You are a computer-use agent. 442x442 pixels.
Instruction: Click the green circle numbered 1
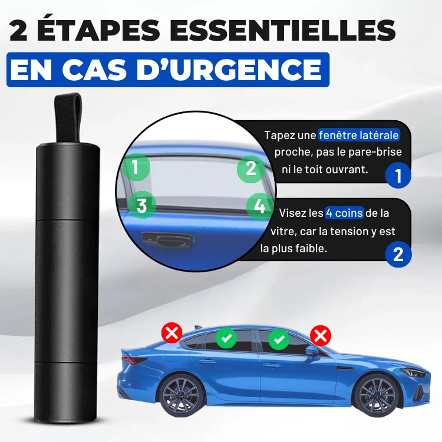(136, 167)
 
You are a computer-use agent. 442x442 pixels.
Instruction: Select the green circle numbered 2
(251, 169)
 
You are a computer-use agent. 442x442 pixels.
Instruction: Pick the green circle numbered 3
(141, 205)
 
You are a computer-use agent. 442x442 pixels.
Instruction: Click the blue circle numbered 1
(398, 176)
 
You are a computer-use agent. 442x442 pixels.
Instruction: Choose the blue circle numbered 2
(398, 254)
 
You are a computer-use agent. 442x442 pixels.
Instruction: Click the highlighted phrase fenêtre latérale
(359, 136)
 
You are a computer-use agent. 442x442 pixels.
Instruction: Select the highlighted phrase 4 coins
(344, 213)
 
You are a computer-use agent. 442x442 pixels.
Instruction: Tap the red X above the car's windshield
(321, 336)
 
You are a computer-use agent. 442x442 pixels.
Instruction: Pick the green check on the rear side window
(226, 338)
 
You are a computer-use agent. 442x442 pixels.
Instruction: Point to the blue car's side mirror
(312, 352)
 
